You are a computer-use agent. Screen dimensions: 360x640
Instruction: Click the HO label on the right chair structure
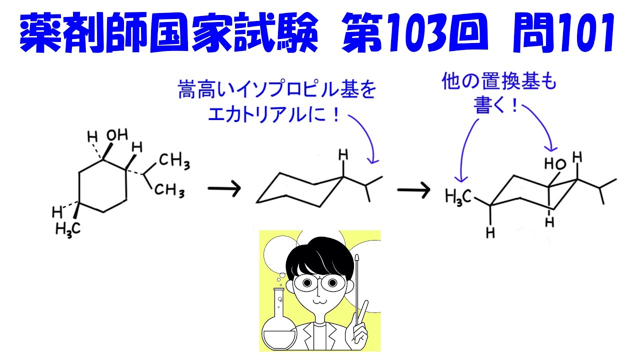click(x=555, y=163)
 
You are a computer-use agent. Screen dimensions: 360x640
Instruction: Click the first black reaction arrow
click(x=224, y=189)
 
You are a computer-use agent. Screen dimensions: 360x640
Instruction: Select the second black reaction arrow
click(x=413, y=189)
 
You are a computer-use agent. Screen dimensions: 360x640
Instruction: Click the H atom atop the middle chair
click(x=343, y=156)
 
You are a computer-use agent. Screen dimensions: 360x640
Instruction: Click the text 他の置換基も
click(x=499, y=83)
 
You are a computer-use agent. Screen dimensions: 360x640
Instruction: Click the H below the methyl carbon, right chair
click(x=490, y=231)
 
